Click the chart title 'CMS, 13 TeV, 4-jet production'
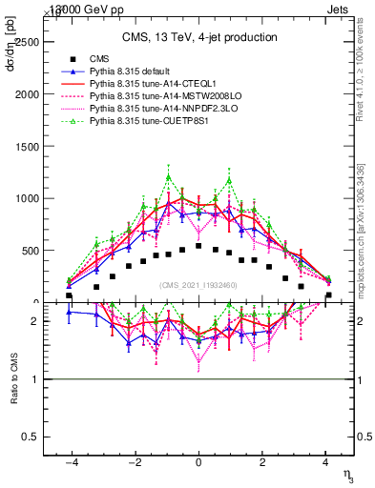tap(199, 38)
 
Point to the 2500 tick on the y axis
tap(28, 43)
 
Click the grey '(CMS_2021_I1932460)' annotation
tap(198, 284)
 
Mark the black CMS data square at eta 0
tap(198, 246)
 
